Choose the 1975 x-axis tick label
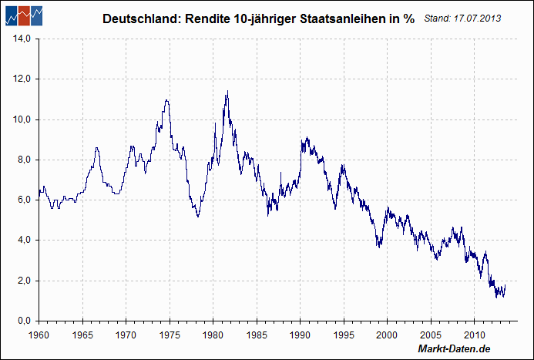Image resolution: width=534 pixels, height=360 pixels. pyautogui.click(x=170, y=335)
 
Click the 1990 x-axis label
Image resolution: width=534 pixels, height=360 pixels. pyautogui.click(x=301, y=335)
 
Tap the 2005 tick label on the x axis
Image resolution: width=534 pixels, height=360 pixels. pyautogui.click(x=432, y=335)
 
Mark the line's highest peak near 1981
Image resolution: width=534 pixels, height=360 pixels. pyautogui.click(x=227, y=92)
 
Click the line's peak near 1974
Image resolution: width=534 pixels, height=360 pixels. pyautogui.click(x=166, y=100)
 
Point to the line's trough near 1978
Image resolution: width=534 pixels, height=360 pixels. pyautogui.click(x=198, y=217)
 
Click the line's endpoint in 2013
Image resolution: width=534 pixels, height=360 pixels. pyautogui.click(x=505, y=285)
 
